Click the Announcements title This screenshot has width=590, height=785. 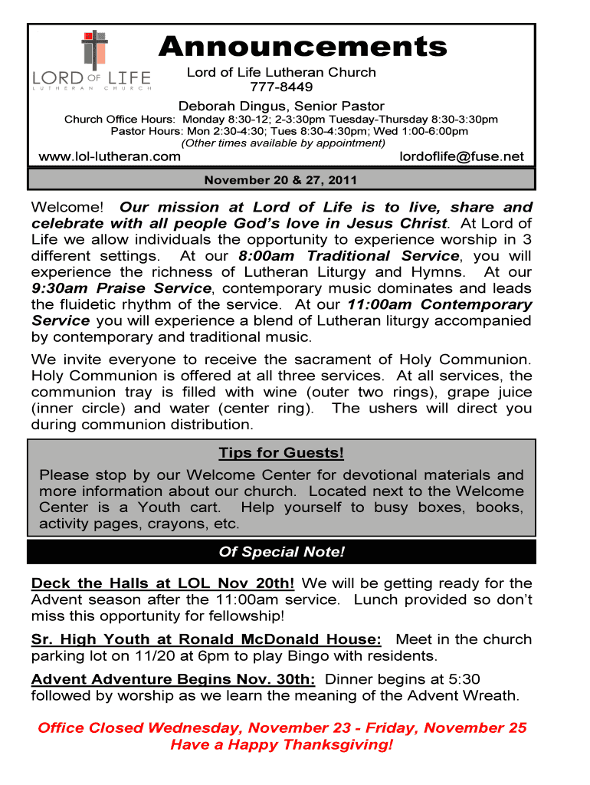click(302, 47)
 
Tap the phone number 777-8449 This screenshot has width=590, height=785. click(282, 87)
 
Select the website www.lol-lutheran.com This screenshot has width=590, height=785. click(110, 156)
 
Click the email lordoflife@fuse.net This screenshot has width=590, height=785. click(462, 156)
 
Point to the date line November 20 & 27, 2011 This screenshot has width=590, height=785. click(280, 181)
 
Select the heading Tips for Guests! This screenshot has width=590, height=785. click(281, 453)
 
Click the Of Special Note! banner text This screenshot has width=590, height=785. click(281, 552)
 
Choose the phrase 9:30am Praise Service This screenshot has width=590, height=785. click(121, 288)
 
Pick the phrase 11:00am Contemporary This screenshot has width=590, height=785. click(440, 304)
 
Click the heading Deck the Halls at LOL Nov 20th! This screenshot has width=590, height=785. click(162, 583)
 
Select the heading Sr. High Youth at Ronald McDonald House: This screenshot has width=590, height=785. click(206, 639)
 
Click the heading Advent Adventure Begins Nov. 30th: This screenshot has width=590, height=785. click(172, 679)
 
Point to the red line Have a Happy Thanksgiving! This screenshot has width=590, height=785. click(281, 745)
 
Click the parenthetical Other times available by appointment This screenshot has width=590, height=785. click(283, 143)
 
